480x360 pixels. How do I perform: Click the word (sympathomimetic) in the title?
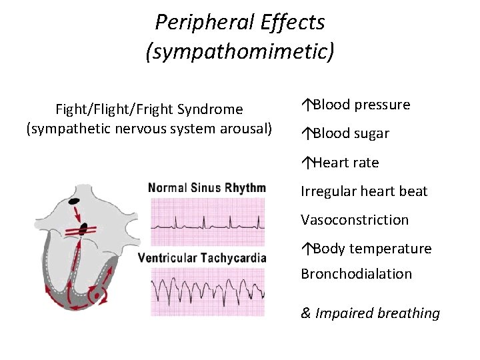tap(239, 51)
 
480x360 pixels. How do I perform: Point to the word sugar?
tap(370, 133)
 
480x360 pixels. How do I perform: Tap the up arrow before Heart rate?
tap(306, 163)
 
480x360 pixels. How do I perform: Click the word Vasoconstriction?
tap(355, 220)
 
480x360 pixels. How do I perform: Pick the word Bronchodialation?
tap(356, 274)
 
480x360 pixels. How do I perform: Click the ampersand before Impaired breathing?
tap(305, 313)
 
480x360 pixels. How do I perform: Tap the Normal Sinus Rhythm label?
tap(207, 189)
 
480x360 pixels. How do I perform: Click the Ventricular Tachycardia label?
tap(201, 258)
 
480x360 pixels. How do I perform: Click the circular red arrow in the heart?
tap(99, 293)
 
